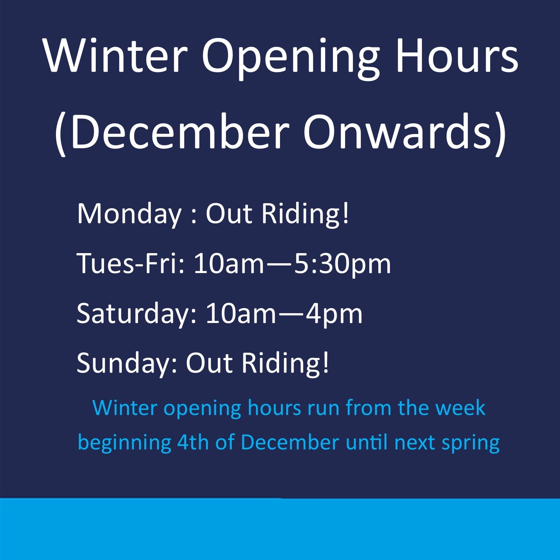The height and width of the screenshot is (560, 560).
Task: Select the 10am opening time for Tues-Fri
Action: [x=228, y=264]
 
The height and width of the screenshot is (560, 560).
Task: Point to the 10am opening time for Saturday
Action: [x=240, y=314]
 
